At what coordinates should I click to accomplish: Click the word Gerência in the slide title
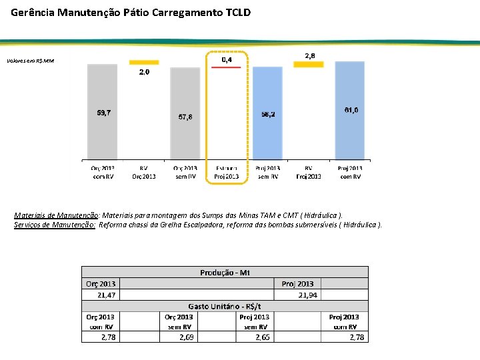[34, 12]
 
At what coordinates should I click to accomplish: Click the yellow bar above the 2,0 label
[144, 61]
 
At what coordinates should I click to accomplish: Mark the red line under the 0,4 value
[226, 67]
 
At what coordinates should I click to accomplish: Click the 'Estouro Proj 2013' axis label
[226, 172]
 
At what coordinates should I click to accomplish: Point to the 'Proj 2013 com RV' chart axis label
[351, 172]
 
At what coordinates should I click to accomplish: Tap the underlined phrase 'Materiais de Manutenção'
[57, 216]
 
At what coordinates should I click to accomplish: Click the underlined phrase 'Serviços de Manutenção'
[55, 225]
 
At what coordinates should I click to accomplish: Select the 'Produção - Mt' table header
[225, 272]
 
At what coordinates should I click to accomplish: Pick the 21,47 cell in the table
[106, 295]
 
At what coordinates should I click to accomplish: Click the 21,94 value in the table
[307, 295]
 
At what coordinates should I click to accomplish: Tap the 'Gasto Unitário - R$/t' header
[225, 306]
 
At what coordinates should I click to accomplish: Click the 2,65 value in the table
[262, 337]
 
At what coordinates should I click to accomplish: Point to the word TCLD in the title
[235, 12]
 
